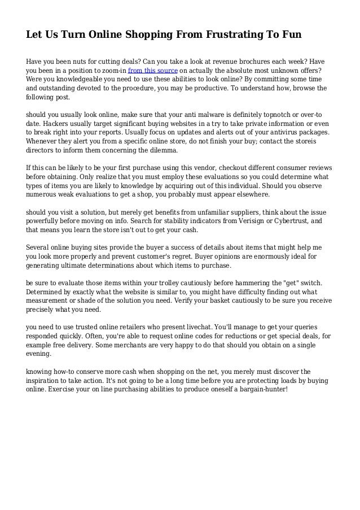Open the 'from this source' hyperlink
pos(153,70)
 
